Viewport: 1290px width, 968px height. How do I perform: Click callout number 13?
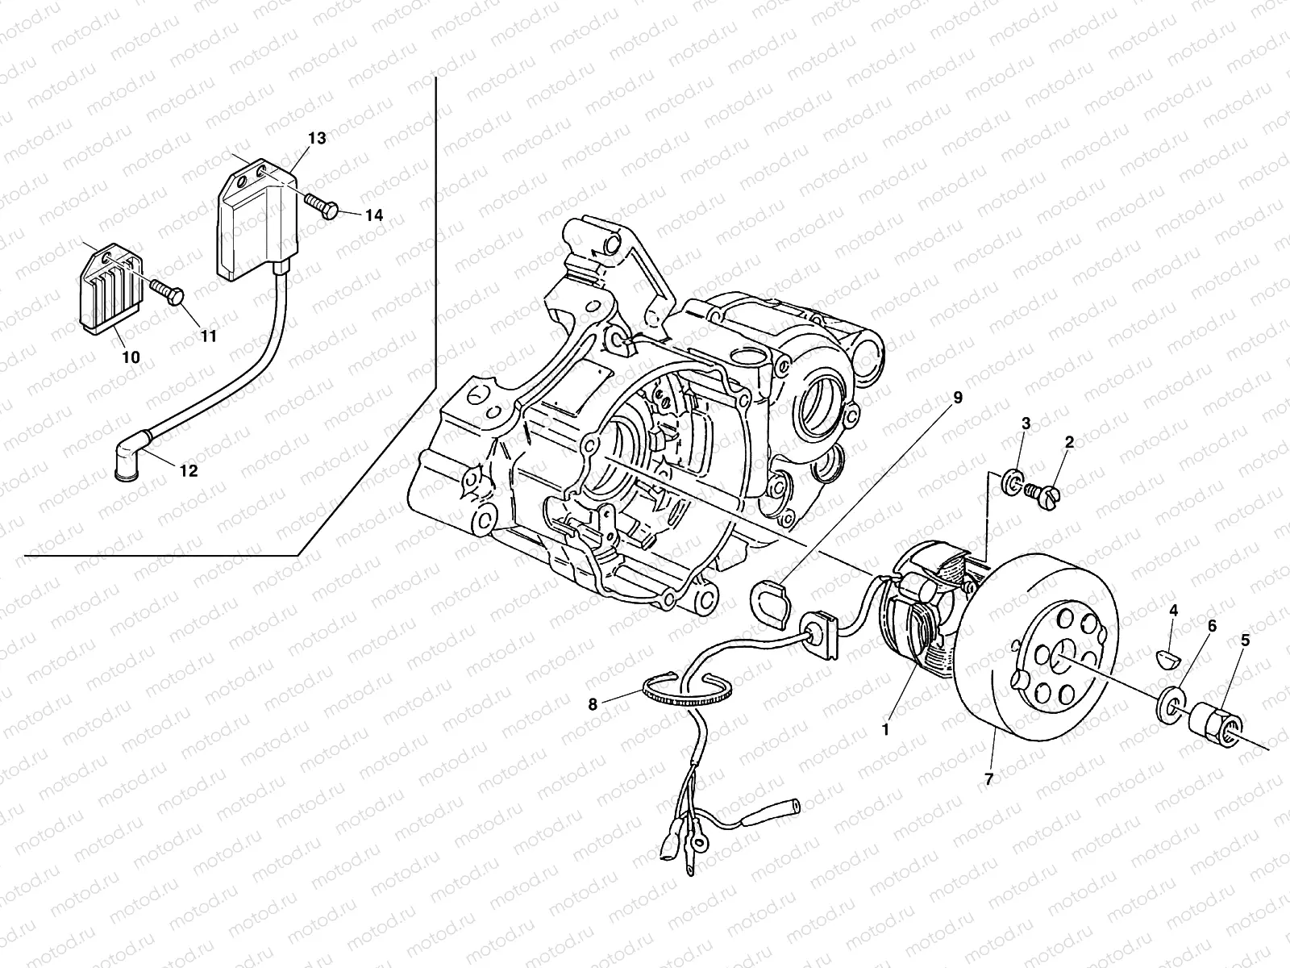tap(317, 139)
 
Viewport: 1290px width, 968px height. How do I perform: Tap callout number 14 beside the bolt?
tap(373, 215)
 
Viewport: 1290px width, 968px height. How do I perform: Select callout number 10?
tap(131, 357)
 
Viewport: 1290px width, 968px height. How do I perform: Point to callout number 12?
tap(189, 472)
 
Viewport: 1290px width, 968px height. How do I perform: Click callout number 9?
tap(958, 398)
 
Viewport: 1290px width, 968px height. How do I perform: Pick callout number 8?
tap(593, 704)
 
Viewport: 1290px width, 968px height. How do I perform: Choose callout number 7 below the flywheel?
tap(988, 778)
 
